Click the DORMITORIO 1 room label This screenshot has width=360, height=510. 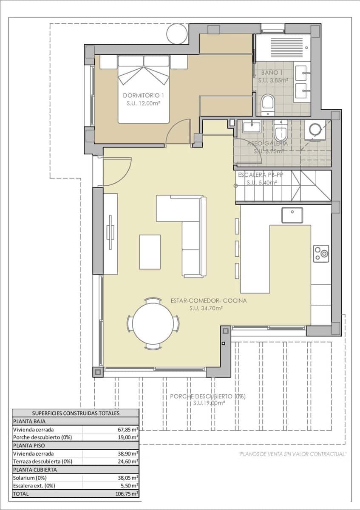143,95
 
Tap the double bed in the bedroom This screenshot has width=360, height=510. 144,89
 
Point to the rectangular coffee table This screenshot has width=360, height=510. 150,252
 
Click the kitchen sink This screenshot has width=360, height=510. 292,215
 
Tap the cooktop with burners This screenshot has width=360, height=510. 321,254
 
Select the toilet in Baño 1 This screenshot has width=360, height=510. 268,105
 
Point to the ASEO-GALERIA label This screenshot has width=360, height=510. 267,144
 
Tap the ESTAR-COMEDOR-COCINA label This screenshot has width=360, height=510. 208,300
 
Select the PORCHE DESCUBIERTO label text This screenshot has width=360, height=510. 208,396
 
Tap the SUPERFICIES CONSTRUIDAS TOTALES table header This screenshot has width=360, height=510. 76,413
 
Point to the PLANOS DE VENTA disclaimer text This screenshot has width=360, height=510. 292,454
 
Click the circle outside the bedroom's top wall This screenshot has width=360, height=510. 177,34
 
